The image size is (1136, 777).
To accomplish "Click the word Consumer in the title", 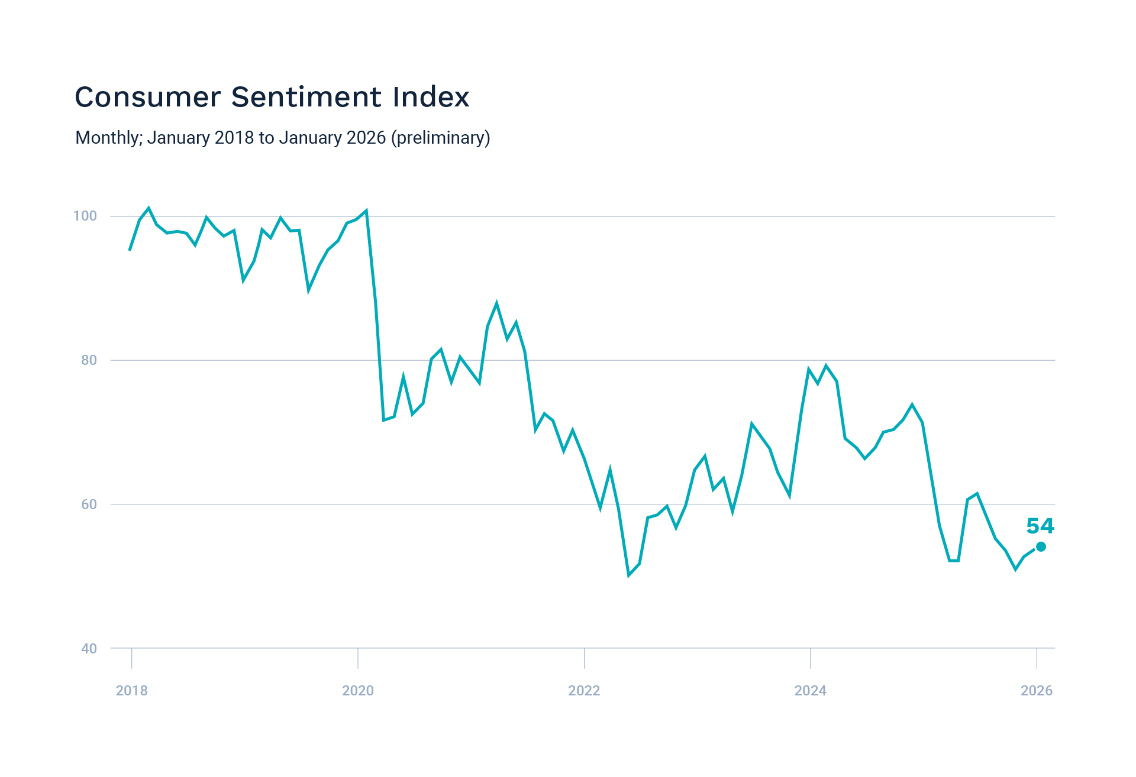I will coord(148,98).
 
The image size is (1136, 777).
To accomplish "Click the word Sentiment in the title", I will coord(306,98).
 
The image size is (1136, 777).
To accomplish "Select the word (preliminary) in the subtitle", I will coord(440,138).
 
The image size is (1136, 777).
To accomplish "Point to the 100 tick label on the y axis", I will coord(85,216).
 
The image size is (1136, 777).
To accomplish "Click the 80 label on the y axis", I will coord(89,360).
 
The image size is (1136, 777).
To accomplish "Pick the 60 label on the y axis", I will coord(89,504).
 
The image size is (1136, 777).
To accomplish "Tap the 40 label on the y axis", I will coord(89,649).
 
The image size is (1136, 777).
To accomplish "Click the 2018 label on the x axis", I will coord(131,691).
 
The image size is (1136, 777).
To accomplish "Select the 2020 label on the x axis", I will coord(358,691).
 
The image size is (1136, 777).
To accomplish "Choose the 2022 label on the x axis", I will coord(584,691).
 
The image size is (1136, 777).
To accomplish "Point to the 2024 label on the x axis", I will coord(810,691).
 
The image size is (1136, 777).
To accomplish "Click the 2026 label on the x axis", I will coord(1037,691).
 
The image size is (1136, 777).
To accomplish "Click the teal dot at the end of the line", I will coord(1041,547).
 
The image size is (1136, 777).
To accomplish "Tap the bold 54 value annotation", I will coord(1040,526).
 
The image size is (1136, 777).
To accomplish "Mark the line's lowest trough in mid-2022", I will coord(629,575).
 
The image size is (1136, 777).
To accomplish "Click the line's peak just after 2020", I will coord(367,211).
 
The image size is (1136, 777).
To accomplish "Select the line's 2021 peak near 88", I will coord(496,303).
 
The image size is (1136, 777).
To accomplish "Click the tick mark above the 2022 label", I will coord(584,658).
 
